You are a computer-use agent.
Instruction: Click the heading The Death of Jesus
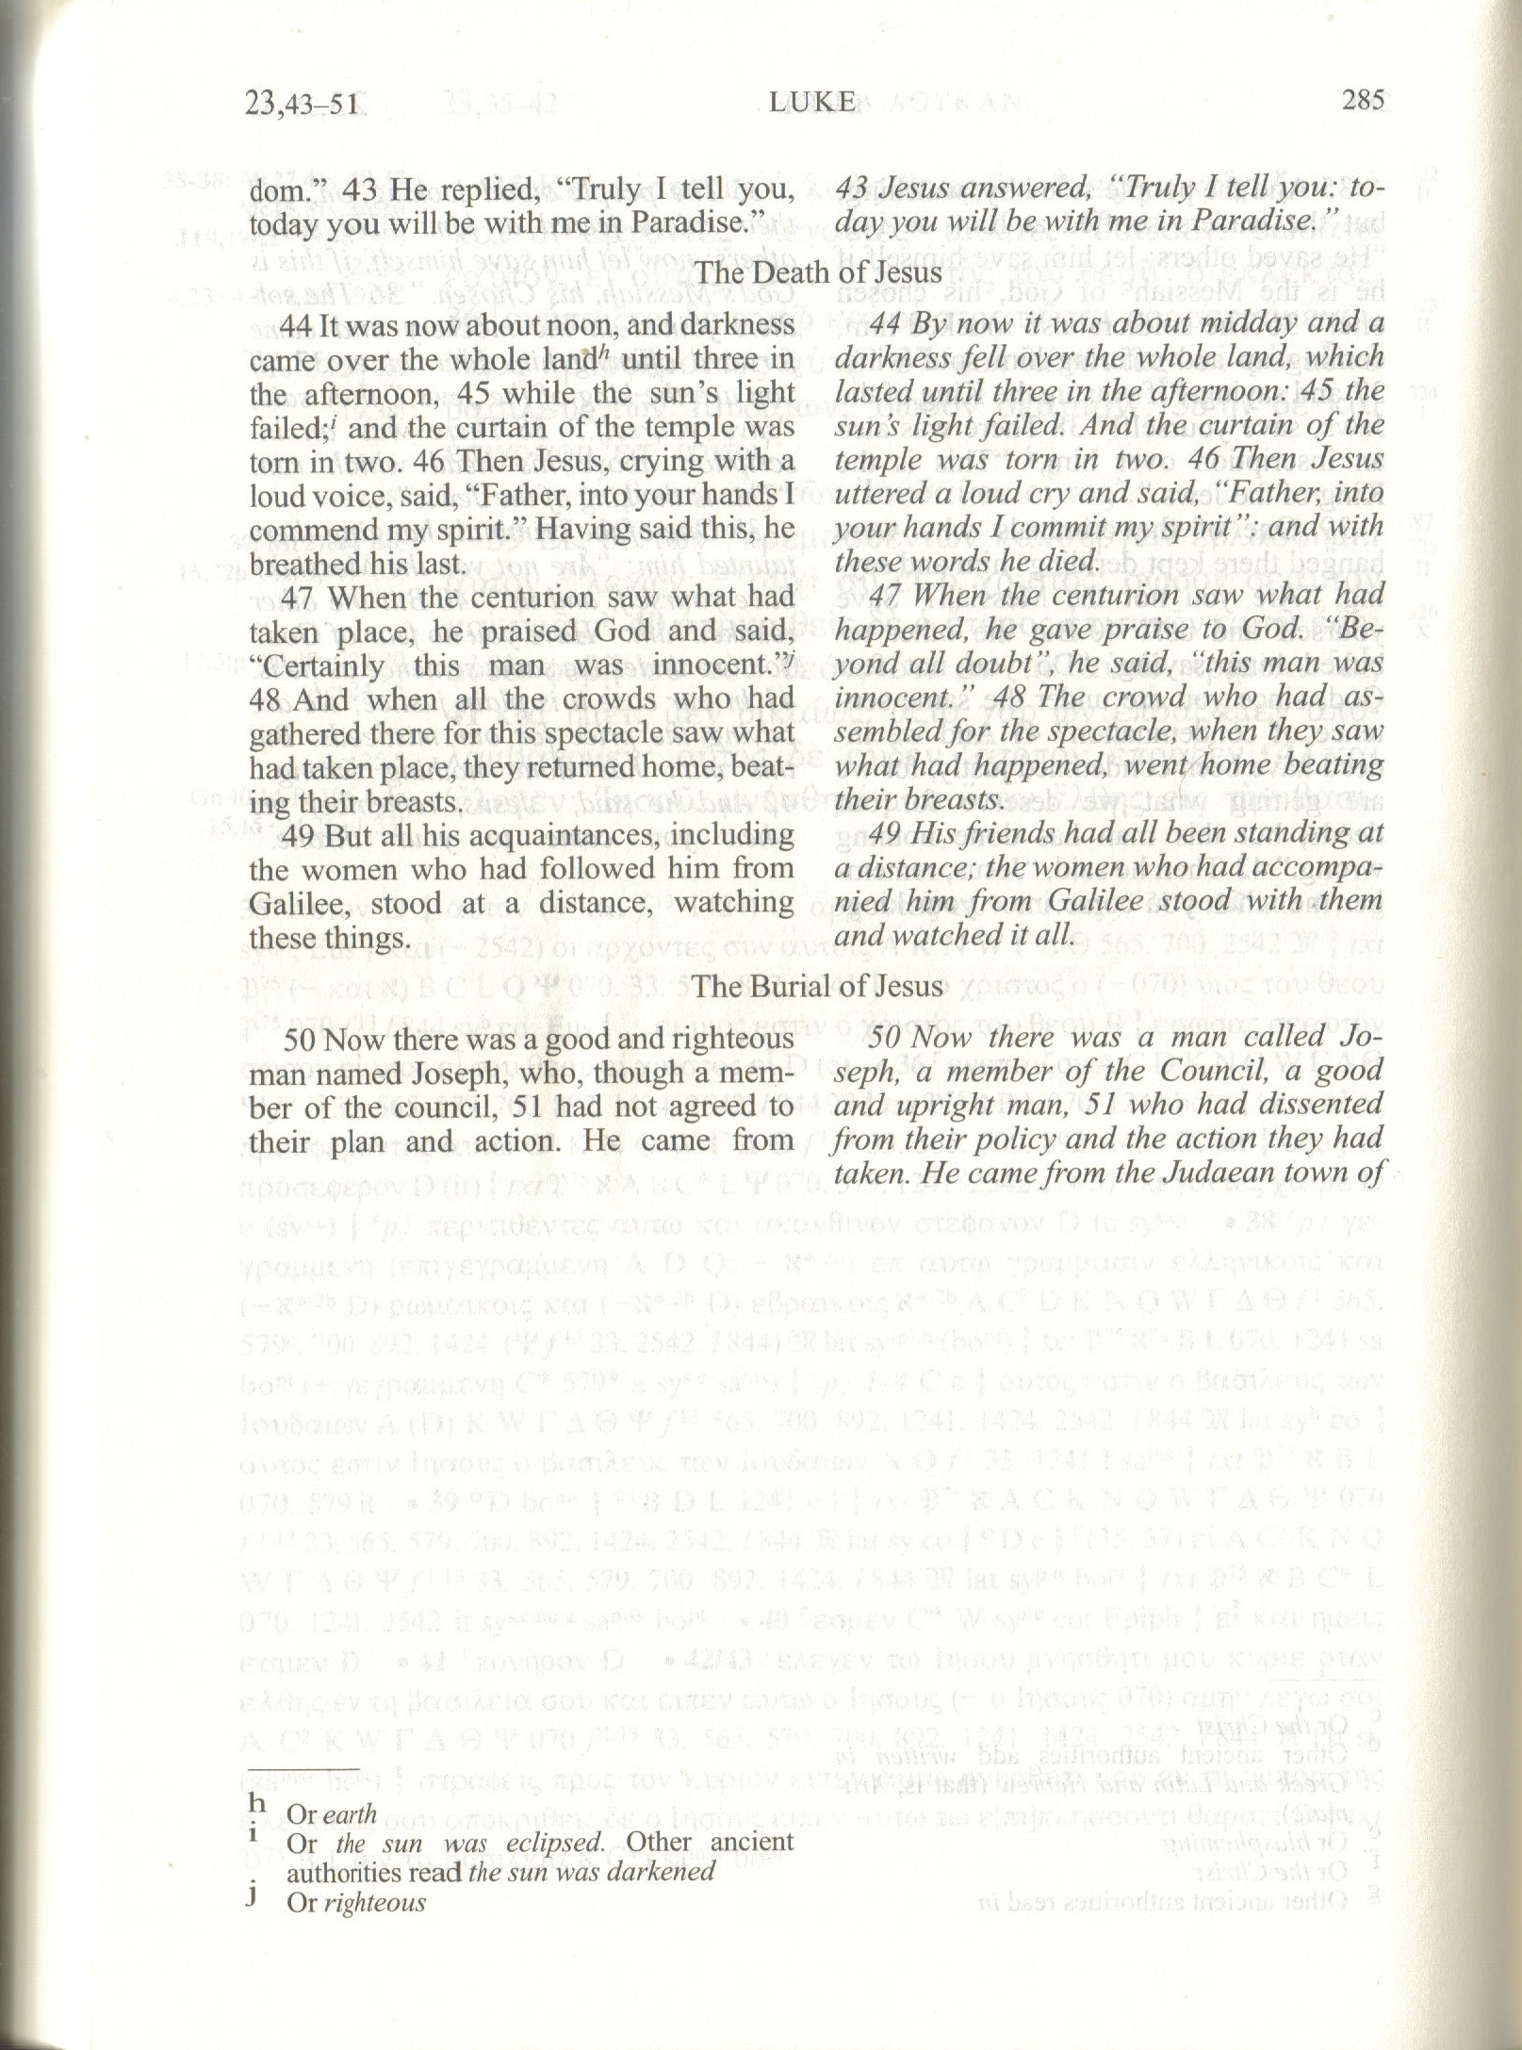817,272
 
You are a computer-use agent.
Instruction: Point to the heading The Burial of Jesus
817,986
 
